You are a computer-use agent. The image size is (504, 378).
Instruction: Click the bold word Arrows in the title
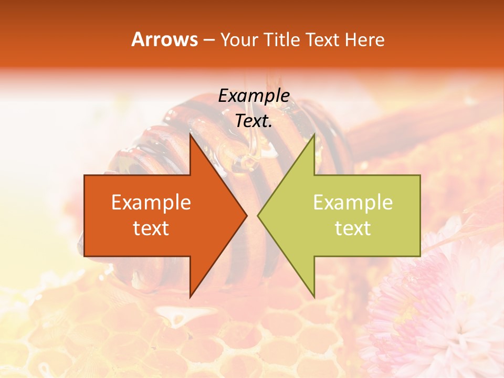click(164, 39)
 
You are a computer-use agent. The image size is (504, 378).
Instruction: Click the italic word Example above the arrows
click(254, 96)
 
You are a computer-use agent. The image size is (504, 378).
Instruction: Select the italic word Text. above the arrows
click(254, 121)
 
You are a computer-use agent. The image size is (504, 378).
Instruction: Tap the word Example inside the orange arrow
click(151, 203)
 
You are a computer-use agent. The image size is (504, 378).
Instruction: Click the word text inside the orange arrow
click(151, 228)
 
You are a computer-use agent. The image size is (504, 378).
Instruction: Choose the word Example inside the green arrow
click(353, 203)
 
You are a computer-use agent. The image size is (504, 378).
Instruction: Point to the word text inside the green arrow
click(353, 228)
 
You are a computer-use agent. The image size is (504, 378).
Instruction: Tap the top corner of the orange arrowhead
click(191, 135)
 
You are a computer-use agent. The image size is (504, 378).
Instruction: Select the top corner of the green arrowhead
click(314, 135)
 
